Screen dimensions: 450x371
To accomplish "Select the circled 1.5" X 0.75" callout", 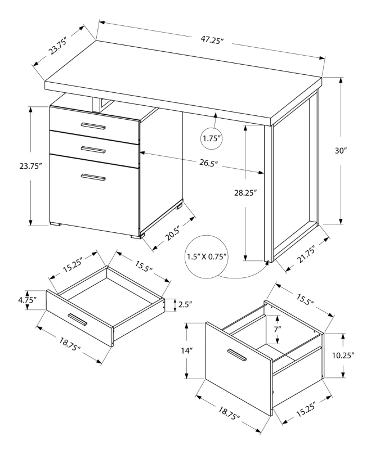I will [207, 257].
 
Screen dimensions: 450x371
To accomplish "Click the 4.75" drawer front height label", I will [24, 300].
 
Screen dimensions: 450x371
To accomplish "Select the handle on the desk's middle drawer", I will [93, 149].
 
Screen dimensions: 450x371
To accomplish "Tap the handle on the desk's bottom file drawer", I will [93, 177].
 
